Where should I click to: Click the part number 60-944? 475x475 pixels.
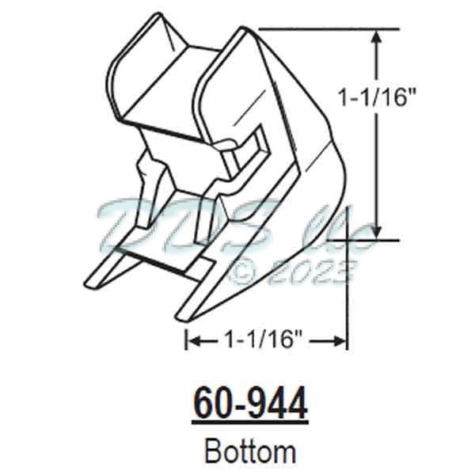(x=249, y=405)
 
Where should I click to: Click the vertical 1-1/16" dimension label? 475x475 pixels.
(x=377, y=97)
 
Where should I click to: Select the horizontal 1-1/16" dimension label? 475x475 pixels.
(x=264, y=341)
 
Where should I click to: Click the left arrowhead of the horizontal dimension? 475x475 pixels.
(x=193, y=341)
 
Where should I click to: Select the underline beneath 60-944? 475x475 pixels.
(x=249, y=420)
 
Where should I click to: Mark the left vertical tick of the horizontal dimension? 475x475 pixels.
(x=186, y=341)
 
